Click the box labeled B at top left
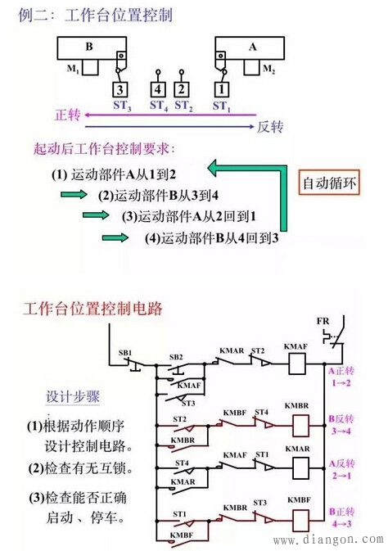coord(90,47)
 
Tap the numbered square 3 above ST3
coord(120,89)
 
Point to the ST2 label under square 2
coord(183,105)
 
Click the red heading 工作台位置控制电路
coord(93,309)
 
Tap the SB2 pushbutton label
coord(175,358)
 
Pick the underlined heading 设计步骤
coord(73,397)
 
